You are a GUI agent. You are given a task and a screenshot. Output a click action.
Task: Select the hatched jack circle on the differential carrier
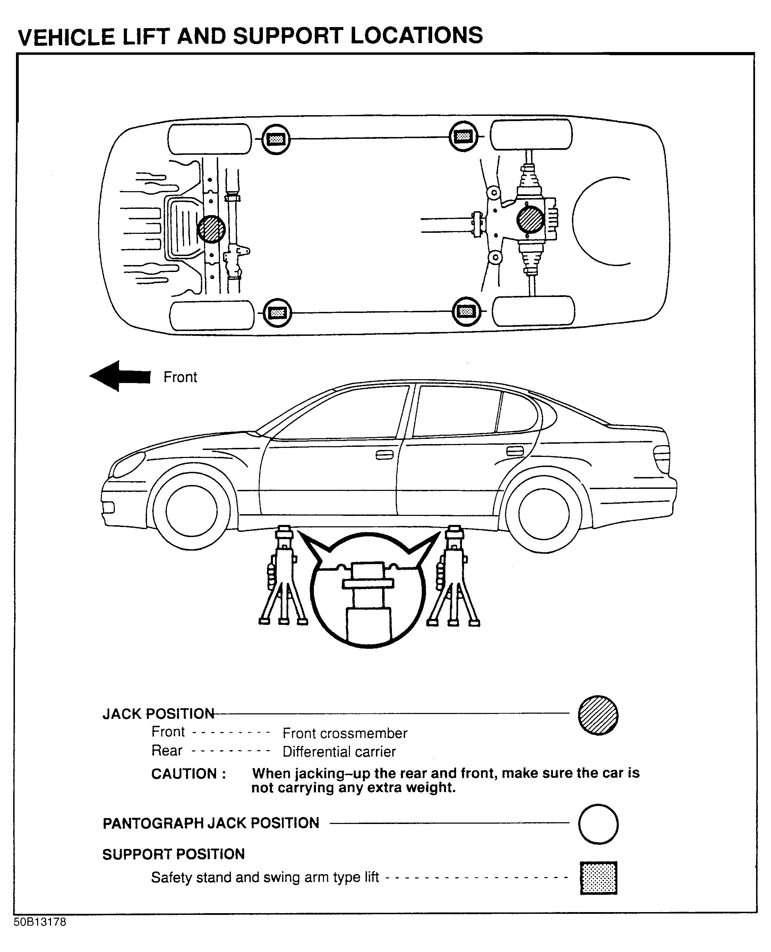[530, 220]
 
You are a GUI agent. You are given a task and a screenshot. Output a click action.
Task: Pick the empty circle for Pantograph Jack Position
[598, 824]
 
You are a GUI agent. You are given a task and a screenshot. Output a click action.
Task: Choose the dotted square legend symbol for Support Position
[598, 878]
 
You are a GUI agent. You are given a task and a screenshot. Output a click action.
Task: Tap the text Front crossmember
[345, 733]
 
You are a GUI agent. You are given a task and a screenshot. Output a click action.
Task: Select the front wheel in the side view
[191, 511]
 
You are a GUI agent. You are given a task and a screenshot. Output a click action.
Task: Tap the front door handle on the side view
[385, 455]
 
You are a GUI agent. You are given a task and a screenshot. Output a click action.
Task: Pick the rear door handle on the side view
[515, 451]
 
